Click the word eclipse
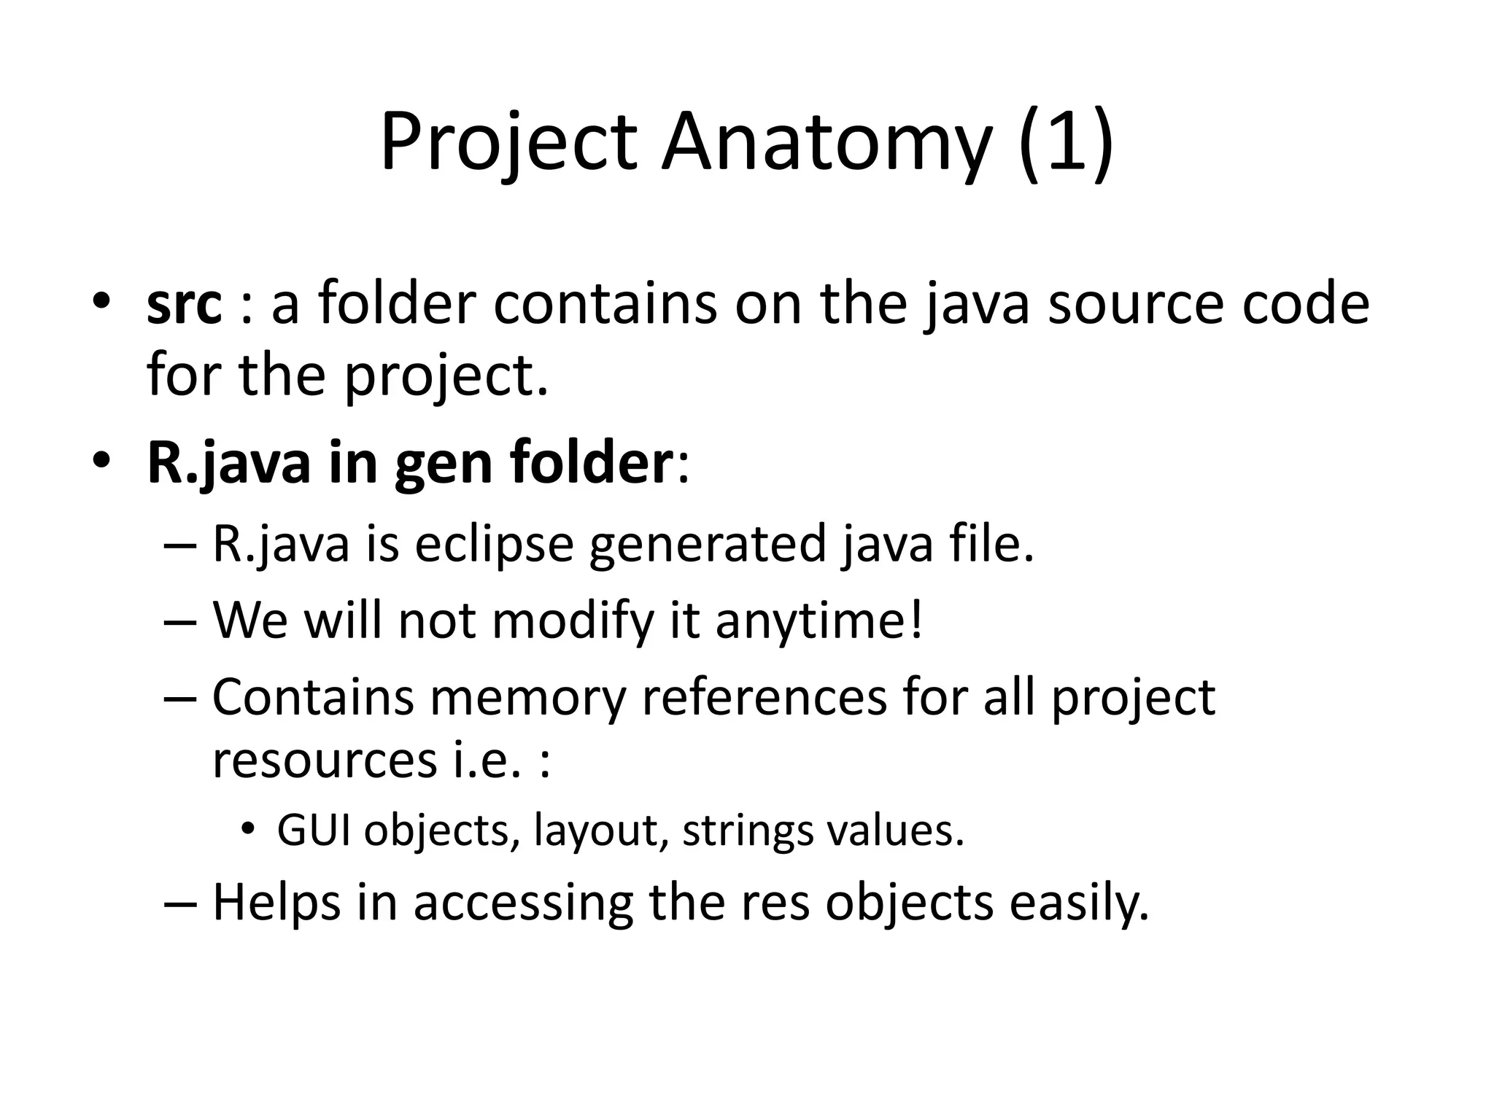pos(494,545)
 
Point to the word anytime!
pos(819,621)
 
